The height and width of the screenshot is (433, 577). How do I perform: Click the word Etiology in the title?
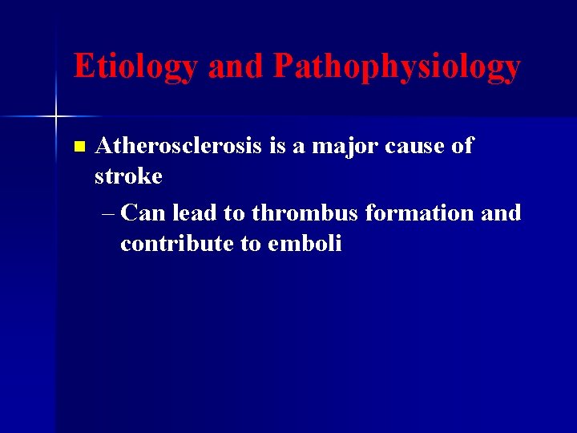coord(136,67)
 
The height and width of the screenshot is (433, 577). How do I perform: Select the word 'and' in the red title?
coord(236,67)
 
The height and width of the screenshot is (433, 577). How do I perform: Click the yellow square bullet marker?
coord(78,147)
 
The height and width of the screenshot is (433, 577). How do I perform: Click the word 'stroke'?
coord(128,176)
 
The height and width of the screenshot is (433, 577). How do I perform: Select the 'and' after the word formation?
coord(502,213)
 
